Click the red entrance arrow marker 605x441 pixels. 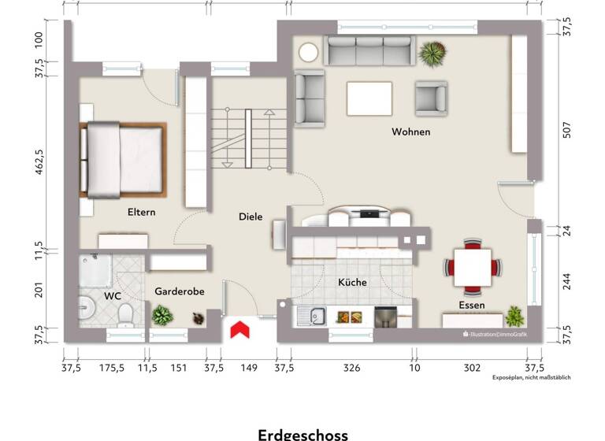239,330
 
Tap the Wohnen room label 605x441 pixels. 411,132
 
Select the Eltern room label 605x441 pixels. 142,213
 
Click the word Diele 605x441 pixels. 251,217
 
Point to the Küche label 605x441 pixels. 352,282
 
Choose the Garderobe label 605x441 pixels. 180,291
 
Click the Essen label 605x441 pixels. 472,305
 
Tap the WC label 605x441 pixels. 113,296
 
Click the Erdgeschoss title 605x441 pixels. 302,434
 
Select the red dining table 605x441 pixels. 473,266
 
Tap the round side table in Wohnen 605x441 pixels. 308,53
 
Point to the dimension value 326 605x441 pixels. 351,368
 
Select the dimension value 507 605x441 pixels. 566,131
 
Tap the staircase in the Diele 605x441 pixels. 243,139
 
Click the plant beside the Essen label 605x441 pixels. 514,317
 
